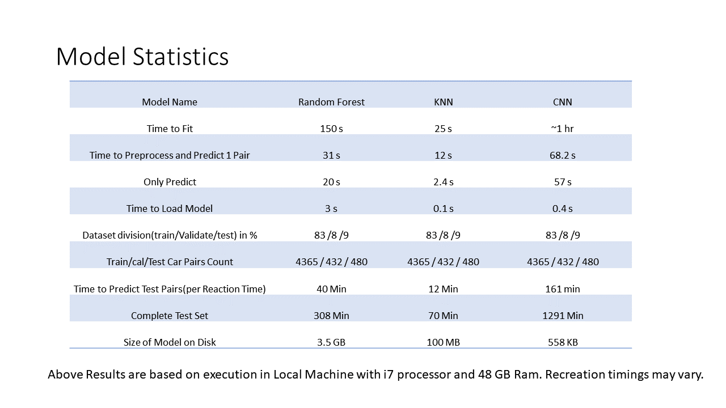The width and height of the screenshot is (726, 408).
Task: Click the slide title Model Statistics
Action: [142, 57]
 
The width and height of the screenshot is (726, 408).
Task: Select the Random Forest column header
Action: [331, 102]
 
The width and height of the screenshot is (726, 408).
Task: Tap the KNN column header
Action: [443, 102]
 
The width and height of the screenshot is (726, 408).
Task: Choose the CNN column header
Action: [562, 102]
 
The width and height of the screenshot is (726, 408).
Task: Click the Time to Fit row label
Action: [170, 129]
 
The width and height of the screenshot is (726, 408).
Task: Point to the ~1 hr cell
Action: [562, 129]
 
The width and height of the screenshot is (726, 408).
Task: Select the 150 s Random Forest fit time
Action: [331, 129]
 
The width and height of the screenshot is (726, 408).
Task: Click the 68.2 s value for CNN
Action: [562, 155]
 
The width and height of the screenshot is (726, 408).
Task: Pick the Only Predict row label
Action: [170, 182]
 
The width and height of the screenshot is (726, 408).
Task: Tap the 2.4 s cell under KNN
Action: [443, 182]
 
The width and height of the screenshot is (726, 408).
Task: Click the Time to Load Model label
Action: [170, 209]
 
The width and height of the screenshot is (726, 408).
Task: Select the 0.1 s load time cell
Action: [443, 209]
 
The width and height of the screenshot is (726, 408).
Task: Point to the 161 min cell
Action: [562, 289]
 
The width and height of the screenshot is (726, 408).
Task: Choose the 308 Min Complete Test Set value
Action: [331, 316]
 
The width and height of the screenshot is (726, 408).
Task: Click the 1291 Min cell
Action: [562, 316]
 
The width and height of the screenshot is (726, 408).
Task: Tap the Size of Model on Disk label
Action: [170, 342]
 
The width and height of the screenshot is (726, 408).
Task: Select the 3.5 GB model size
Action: [331, 342]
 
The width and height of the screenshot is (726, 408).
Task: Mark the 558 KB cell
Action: [562, 342]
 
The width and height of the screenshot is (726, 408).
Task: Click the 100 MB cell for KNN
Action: [443, 342]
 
